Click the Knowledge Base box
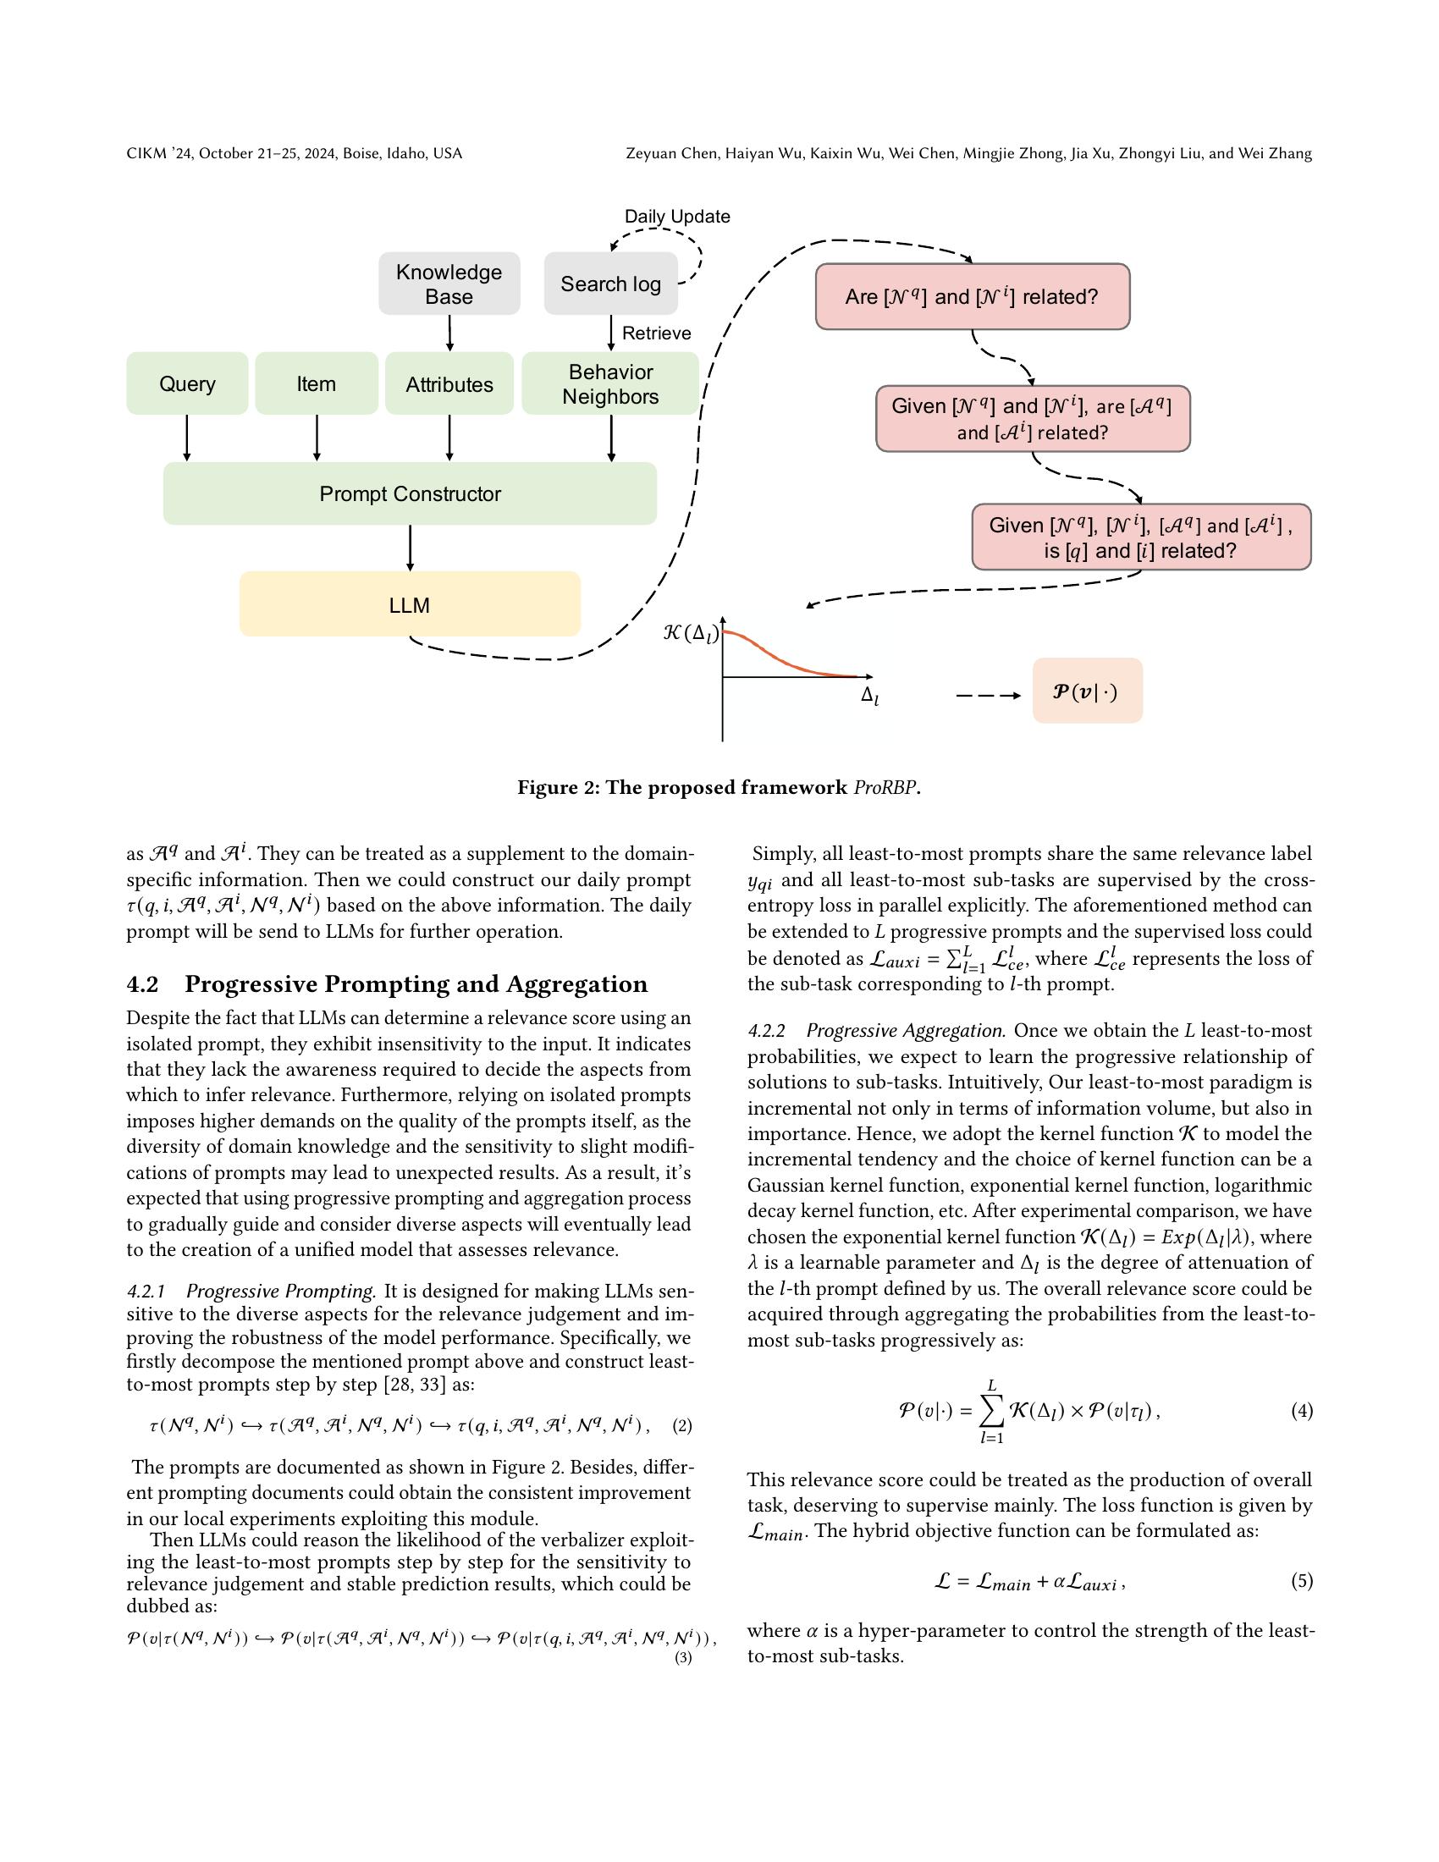point(449,284)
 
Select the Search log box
point(610,284)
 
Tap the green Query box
point(187,383)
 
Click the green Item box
point(317,383)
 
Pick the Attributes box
point(449,383)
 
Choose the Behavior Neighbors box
point(610,383)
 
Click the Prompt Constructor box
point(410,493)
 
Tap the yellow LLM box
point(410,604)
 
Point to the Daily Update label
point(677,217)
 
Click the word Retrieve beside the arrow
point(656,333)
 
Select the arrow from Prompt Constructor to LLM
point(411,548)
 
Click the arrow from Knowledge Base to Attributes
point(450,333)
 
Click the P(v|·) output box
point(1087,691)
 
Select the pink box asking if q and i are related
point(1141,537)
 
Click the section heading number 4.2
point(143,984)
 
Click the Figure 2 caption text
point(719,788)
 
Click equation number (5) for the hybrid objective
point(1302,1582)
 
